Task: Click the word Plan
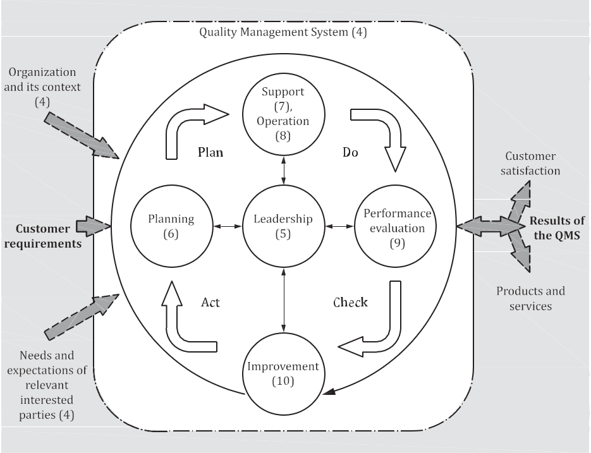[210, 152]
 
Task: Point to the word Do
[350, 152]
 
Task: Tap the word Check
[350, 302]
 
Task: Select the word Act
[210, 302]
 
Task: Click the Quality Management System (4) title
[283, 32]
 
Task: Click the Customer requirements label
[42, 236]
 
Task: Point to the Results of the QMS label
[557, 228]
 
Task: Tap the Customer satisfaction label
[530, 164]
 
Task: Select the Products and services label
[530, 298]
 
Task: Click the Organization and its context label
[42, 87]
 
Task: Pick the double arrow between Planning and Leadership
[228, 226]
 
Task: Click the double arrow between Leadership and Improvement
[283, 300]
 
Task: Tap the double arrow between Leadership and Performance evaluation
[339, 226]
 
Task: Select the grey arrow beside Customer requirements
[93, 226]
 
